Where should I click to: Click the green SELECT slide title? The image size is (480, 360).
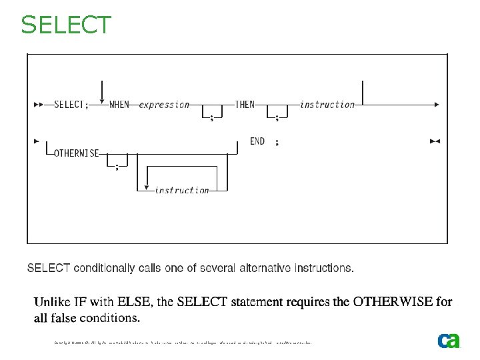(66, 25)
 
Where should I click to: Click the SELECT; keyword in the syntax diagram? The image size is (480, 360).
(70, 105)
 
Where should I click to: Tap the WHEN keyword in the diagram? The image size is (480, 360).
(119, 105)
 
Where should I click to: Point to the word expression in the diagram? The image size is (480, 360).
(164, 105)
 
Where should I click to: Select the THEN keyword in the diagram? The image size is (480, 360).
(245, 105)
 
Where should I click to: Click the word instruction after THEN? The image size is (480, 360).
(327, 105)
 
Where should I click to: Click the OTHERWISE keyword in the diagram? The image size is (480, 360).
(76, 153)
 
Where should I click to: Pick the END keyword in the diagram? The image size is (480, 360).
(257, 141)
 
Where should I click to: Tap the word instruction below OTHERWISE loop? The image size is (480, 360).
(181, 190)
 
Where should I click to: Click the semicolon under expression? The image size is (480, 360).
(211, 118)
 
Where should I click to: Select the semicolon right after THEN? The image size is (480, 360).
(277, 118)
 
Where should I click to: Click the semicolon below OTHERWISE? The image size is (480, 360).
(117, 167)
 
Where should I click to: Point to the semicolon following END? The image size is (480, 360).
(277, 142)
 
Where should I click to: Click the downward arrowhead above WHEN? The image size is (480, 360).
(101, 100)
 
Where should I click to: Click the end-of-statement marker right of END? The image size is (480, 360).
(435, 141)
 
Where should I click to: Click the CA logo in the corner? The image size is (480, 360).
(449, 340)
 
